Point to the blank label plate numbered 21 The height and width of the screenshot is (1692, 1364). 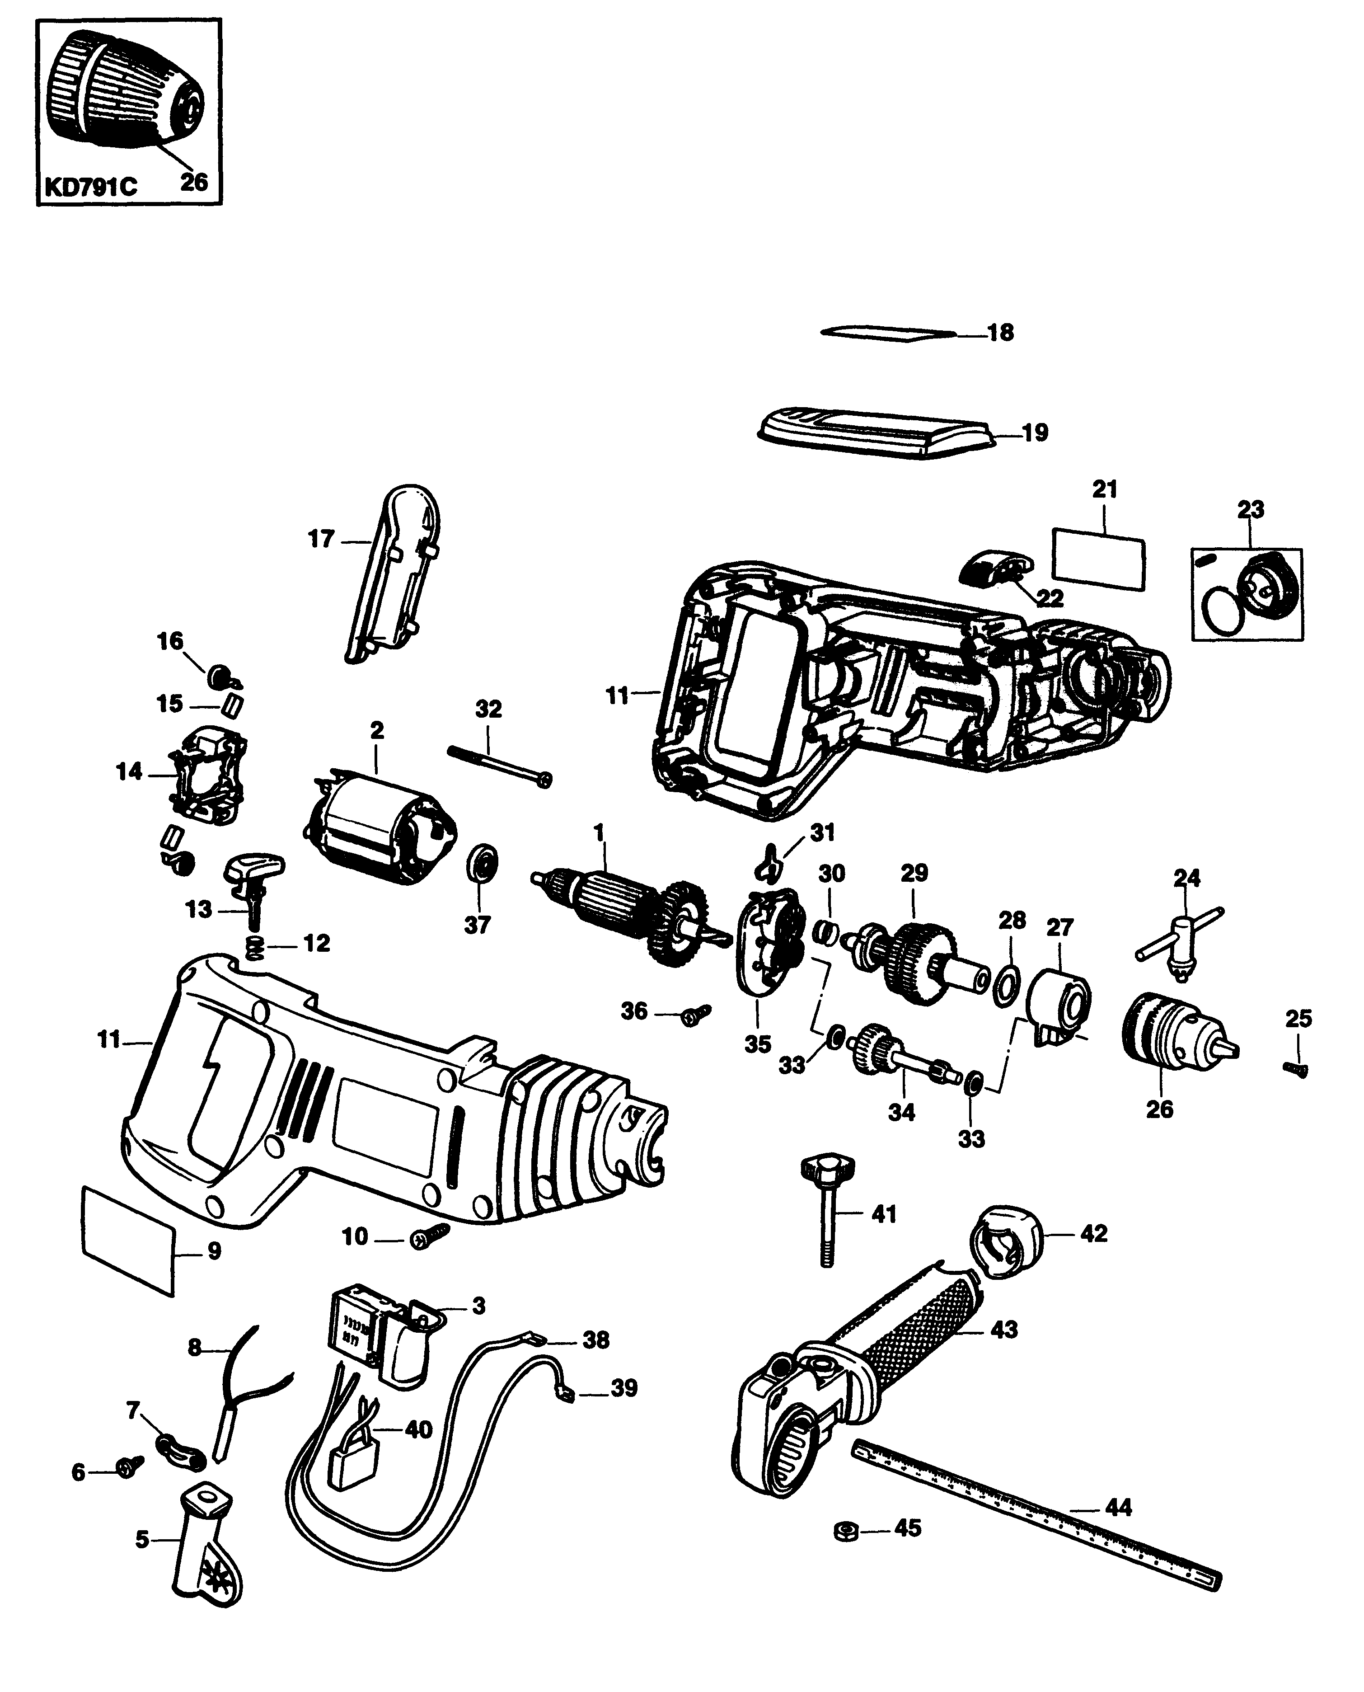pos(1097,558)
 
